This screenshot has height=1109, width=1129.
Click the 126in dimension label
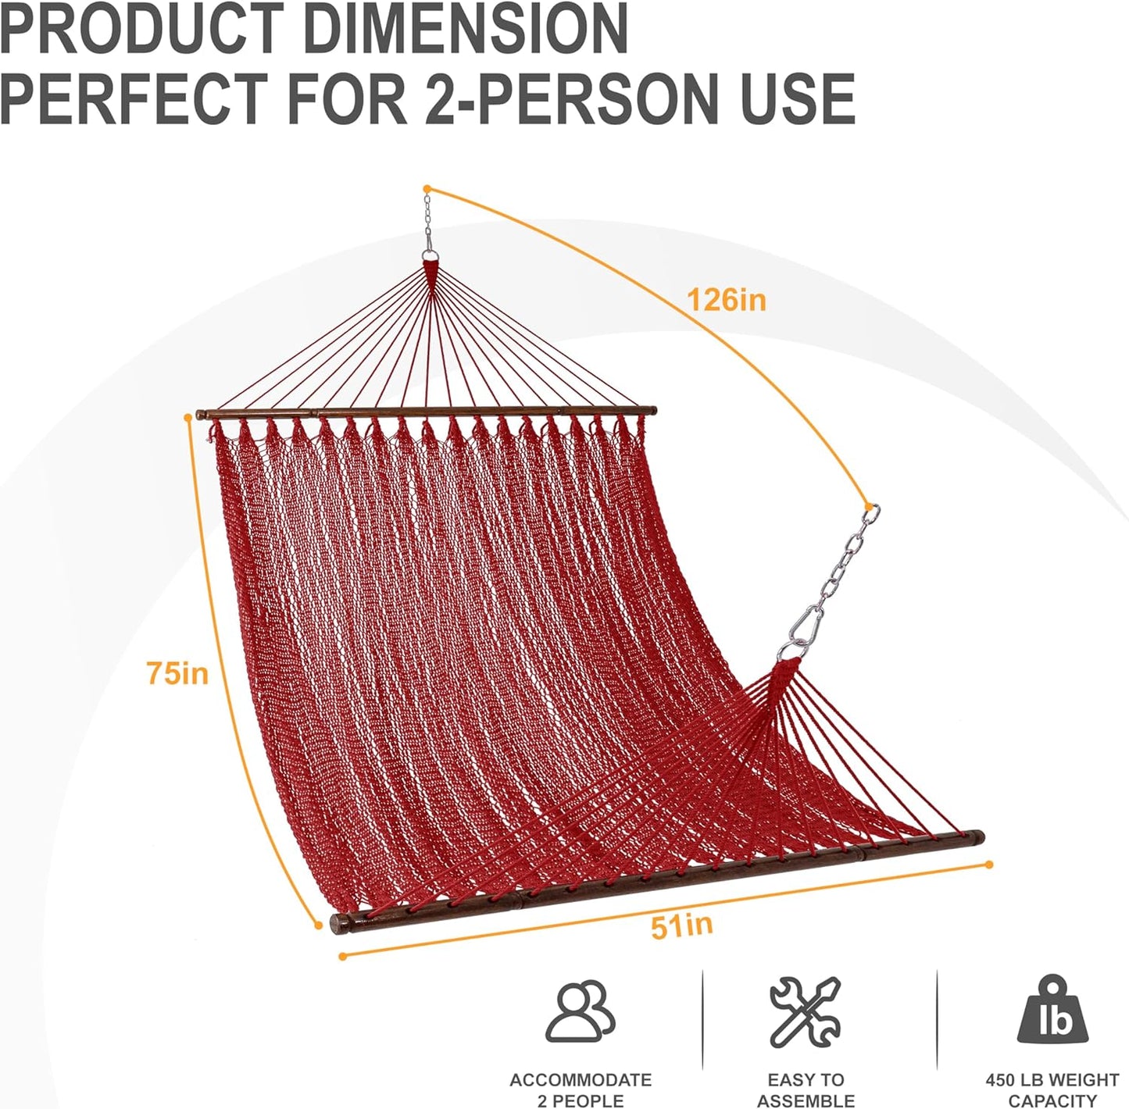coord(726,300)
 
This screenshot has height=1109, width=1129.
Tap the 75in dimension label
coord(177,672)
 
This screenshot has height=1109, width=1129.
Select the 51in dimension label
coord(681,925)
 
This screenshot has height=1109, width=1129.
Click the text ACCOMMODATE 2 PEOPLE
coord(580,1090)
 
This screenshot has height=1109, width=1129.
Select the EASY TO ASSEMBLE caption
coord(805,1090)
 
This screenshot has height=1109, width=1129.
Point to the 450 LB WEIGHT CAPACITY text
coord(1052,1090)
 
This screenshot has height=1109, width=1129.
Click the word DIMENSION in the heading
coord(466,30)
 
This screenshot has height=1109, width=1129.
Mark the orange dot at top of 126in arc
coord(427,188)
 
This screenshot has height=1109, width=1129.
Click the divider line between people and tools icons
coord(702,1019)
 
